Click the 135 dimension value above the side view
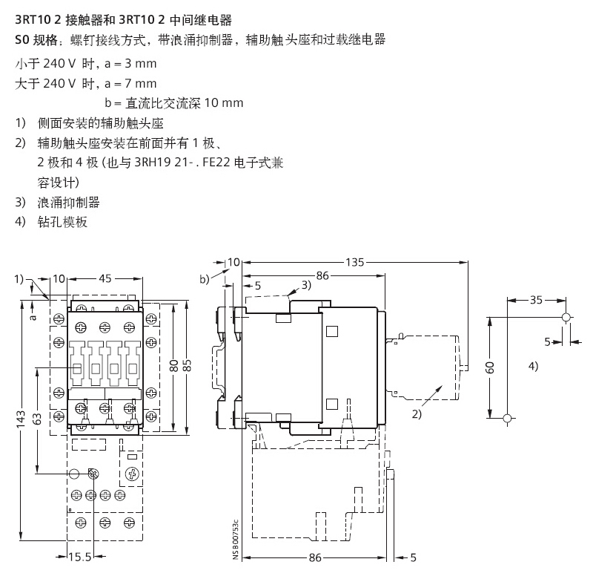(x=354, y=261)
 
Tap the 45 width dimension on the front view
(x=105, y=278)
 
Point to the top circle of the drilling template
(x=566, y=318)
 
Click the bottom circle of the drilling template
(x=507, y=419)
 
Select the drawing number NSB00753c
(x=235, y=541)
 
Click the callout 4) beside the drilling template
(x=532, y=366)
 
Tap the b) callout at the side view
(x=205, y=278)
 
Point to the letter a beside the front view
(x=31, y=316)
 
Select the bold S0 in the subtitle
(x=21, y=39)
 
